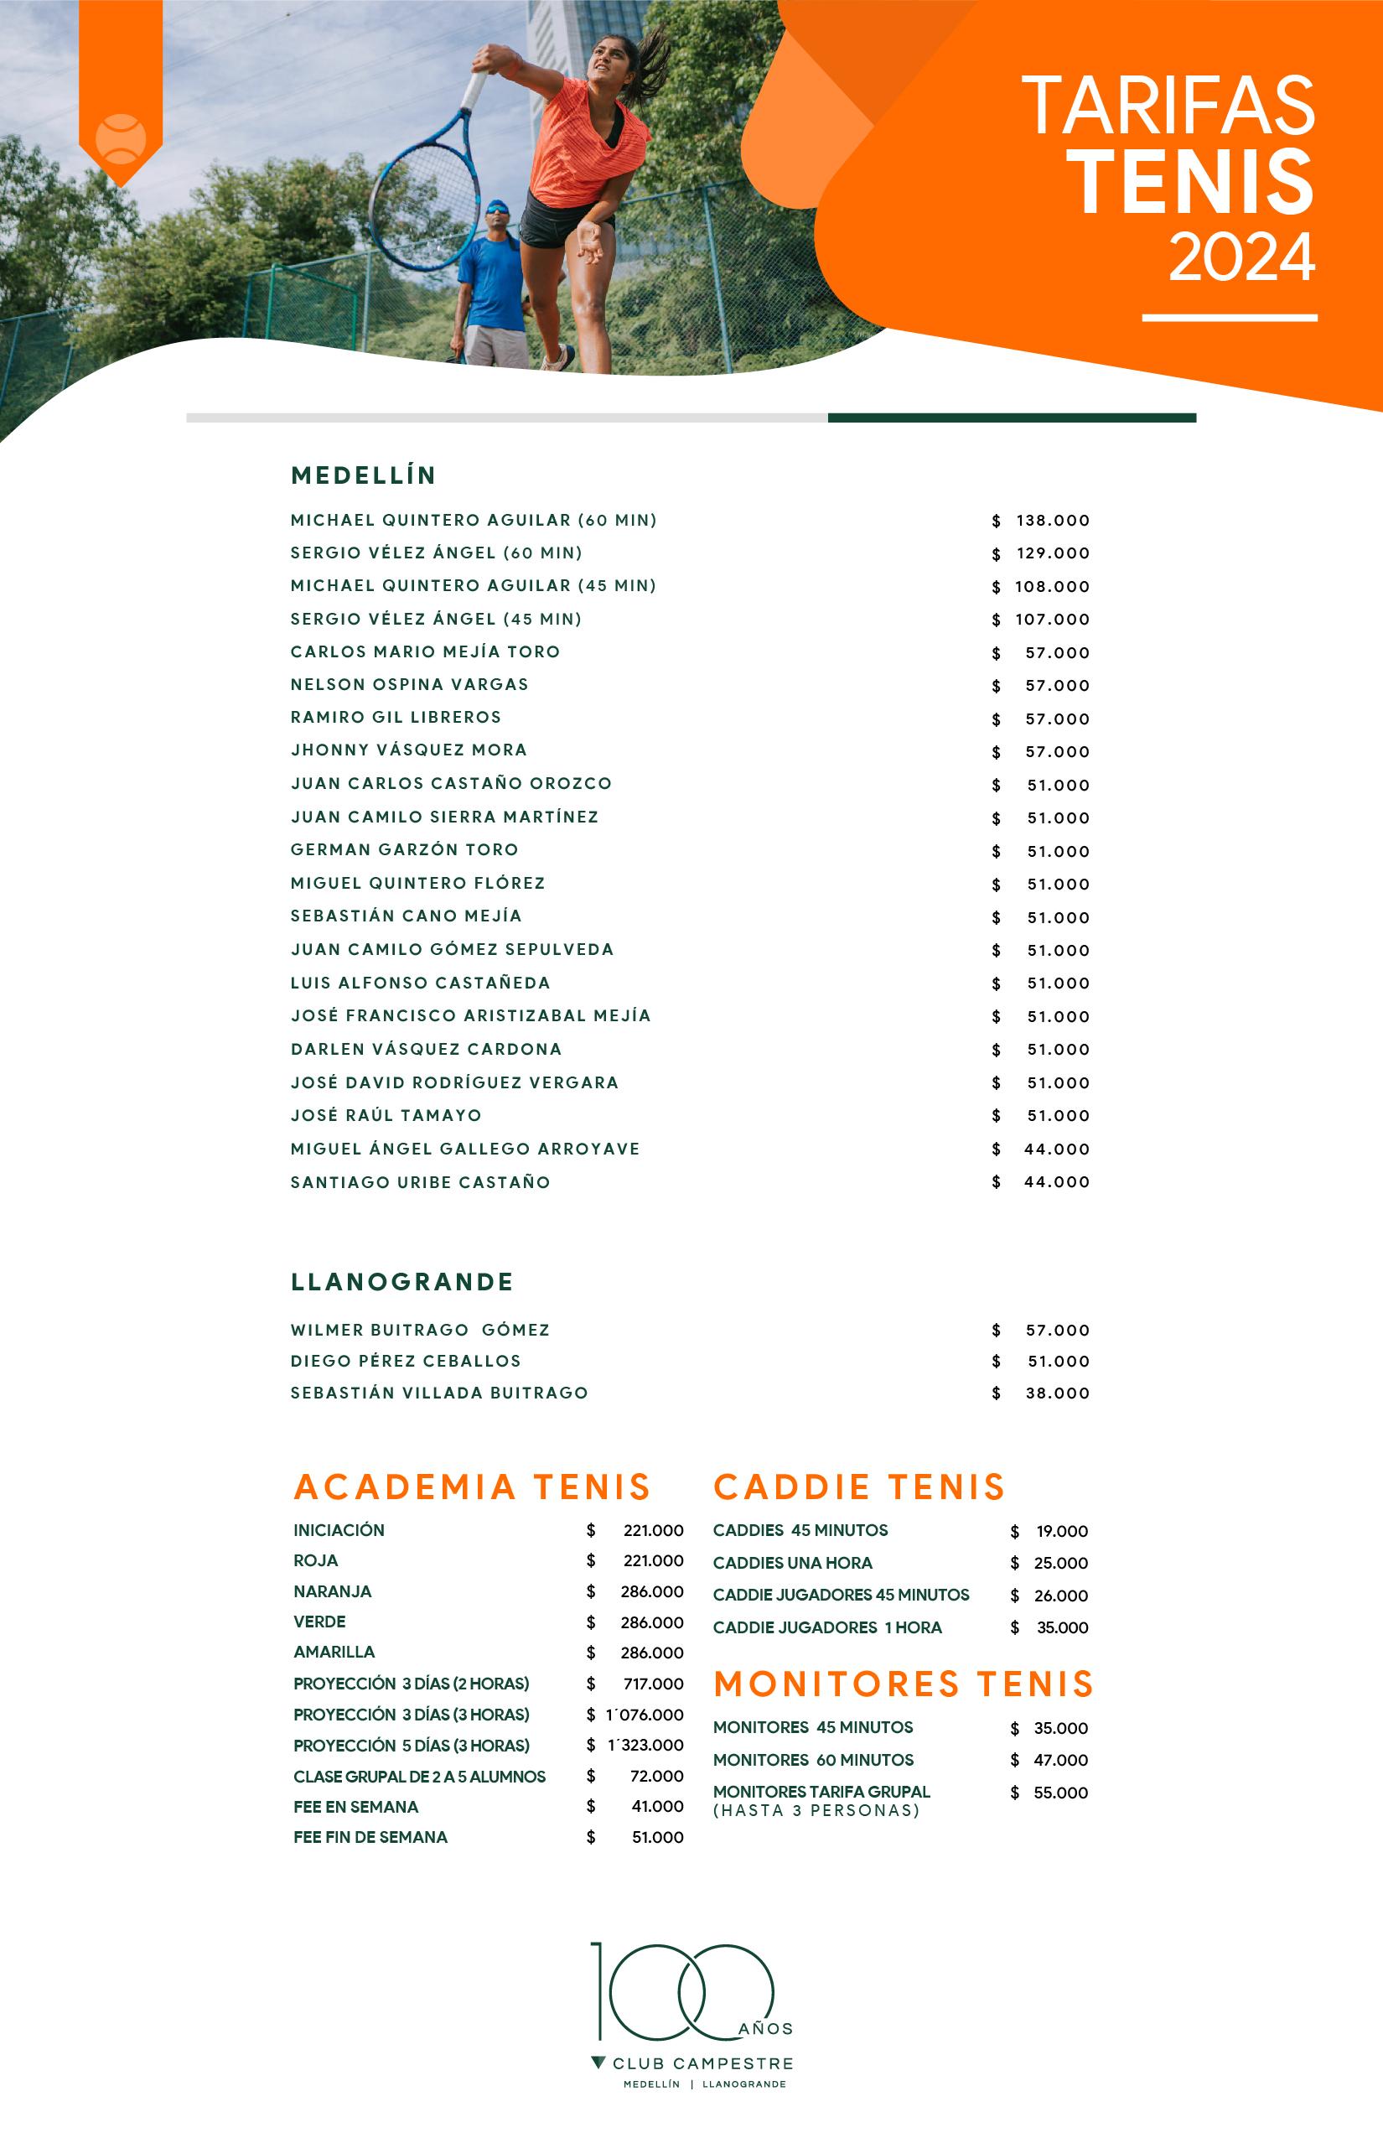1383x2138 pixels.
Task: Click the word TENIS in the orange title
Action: (x=1194, y=183)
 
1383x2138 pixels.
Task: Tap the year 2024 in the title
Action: (x=1241, y=258)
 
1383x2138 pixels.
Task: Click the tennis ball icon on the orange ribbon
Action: (x=121, y=138)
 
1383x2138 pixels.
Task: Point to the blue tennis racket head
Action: (x=425, y=201)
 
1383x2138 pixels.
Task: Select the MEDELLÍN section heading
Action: (x=364, y=475)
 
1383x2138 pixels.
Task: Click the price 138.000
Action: (x=1053, y=521)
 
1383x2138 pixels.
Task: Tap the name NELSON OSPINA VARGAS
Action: (x=410, y=684)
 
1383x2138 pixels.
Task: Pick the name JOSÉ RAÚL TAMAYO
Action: (x=386, y=1116)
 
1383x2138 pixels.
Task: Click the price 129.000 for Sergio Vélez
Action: (x=1053, y=553)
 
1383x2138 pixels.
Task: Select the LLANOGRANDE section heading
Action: (x=401, y=1282)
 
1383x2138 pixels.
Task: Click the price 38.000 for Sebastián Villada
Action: (x=1057, y=1393)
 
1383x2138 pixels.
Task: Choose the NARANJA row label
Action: (x=332, y=1592)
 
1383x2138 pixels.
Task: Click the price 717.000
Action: (x=653, y=1684)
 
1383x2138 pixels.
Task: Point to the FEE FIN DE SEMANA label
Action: (x=370, y=1837)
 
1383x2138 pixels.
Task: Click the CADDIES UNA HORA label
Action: (x=792, y=1563)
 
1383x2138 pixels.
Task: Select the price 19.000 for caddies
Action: (x=1061, y=1532)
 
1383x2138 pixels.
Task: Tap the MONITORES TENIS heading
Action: (x=904, y=1684)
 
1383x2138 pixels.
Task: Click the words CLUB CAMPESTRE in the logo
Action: (x=702, y=2064)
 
